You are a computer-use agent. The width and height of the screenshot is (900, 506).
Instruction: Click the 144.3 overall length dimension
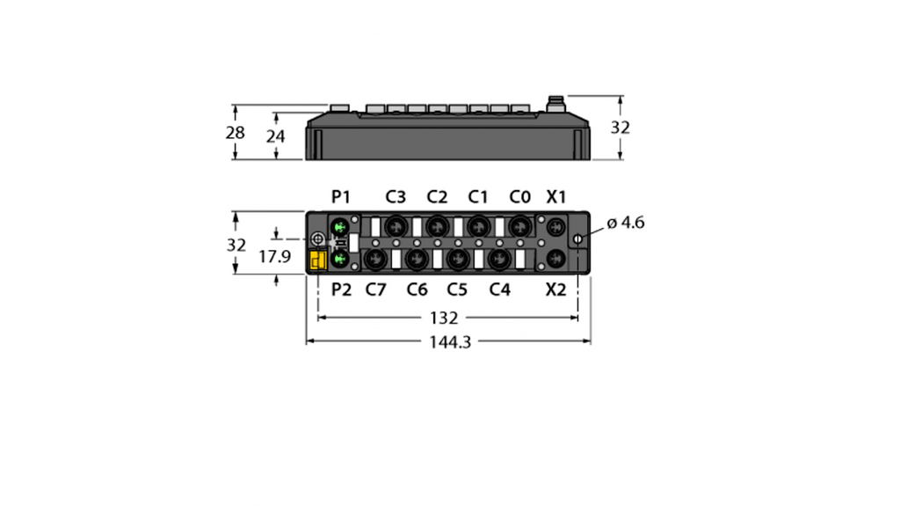tap(450, 342)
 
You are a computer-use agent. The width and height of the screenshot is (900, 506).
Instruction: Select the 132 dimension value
tap(444, 318)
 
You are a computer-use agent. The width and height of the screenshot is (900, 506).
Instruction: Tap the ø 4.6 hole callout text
tap(626, 223)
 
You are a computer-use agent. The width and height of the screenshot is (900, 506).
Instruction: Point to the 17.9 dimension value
tap(275, 256)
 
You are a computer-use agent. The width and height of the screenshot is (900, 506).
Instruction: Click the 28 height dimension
tap(235, 133)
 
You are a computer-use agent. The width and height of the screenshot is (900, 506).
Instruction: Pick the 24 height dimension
tap(275, 136)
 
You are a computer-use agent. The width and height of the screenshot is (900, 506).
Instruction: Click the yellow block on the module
tap(318, 260)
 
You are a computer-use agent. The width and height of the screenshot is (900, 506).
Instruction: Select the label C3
tap(396, 197)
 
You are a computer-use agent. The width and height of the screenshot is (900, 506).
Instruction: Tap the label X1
tap(555, 197)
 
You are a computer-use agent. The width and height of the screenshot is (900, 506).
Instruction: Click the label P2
tap(342, 290)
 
